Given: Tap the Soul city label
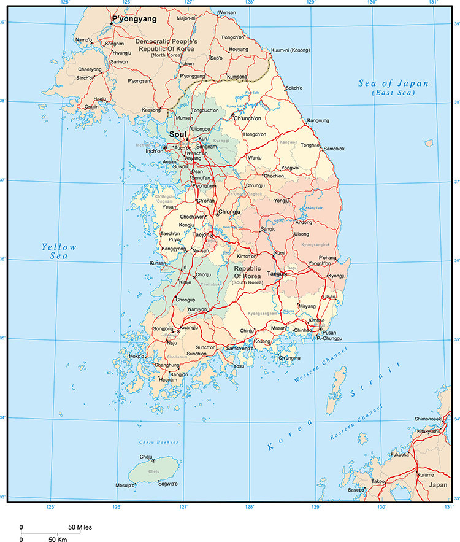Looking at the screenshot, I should pyautogui.click(x=177, y=134).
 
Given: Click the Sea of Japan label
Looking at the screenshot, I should pyautogui.click(x=393, y=83).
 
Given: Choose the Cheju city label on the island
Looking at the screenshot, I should pyautogui.click(x=146, y=457).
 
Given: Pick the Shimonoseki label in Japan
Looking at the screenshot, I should pyautogui.click(x=415, y=419).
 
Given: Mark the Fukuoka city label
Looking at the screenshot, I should pyautogui.click(x=399, y=455).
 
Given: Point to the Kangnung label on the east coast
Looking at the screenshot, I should pyautogui.click(x=318, y=120).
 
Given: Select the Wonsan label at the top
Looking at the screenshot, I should pyautogui.click(x=227, y=12).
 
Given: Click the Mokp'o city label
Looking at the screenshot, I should pyautogui.click(x=136, y=356).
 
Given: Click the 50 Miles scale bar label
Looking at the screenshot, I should pyautogui.click(x=80, y=527).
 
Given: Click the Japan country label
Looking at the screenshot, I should pyautogui.click(x=438, y=485).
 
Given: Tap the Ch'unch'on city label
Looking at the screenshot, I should pyautogui.click(x=247, y=118).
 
